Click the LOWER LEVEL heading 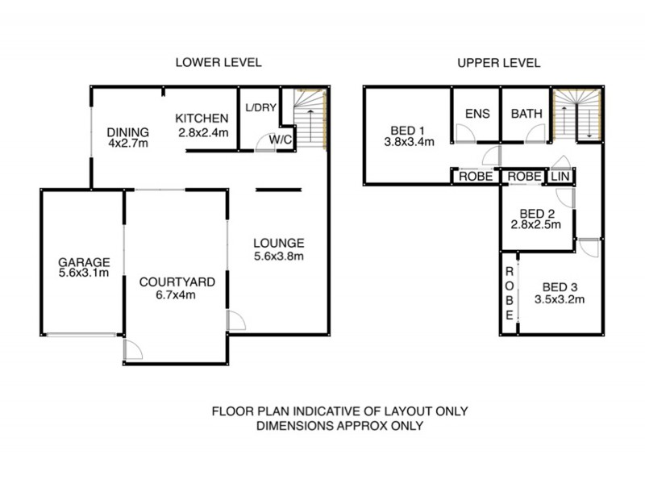pos(219,62)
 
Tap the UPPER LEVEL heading pos(498,62)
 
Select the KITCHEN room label pos(202,119)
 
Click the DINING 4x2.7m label pos(127,139)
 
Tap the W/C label pos(281,138)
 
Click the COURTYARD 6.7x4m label pos(177,288)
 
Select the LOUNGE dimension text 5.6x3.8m pos(278,257)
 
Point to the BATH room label pos(526,114)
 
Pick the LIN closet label pos(560,176)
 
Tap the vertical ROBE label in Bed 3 pos(509,294)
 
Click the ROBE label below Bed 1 pos(475,176)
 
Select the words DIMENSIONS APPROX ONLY pos(339,425)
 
